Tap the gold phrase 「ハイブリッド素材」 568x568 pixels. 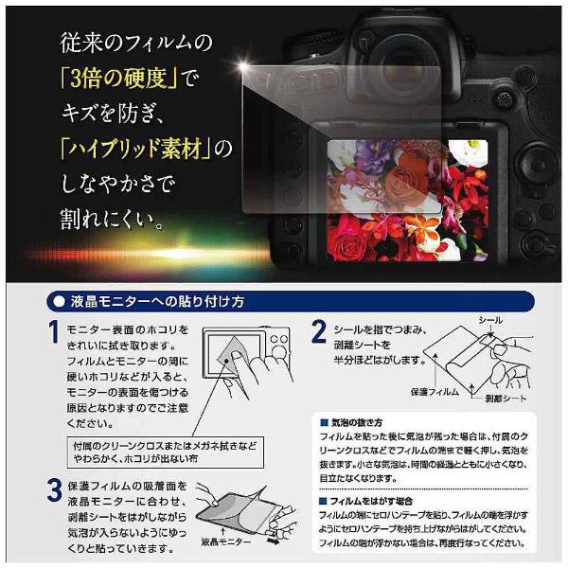pos(141,150)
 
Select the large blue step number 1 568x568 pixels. pos(56,332)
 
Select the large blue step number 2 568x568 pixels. pos(319,332)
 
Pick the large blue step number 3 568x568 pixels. pos(56,490)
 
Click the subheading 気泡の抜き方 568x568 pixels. pos(358,422)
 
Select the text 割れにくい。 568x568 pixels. pos(114,225)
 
